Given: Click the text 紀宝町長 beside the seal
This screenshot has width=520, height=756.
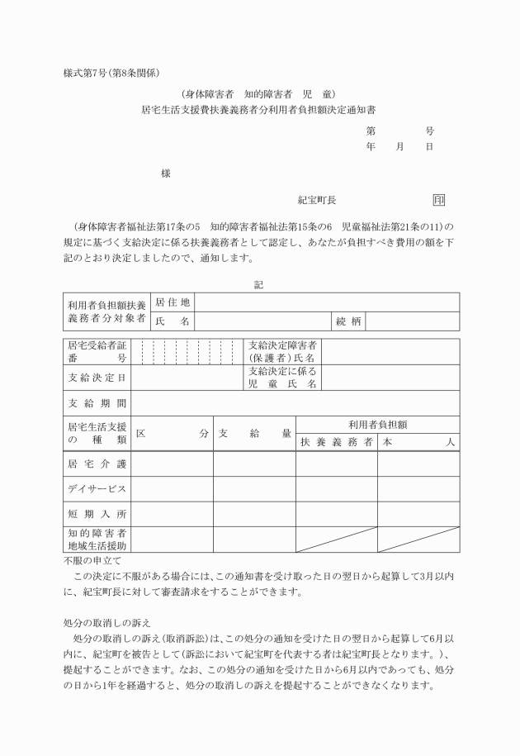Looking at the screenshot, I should [317, 200].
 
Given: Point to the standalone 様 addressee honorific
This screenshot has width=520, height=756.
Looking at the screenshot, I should [166, 174].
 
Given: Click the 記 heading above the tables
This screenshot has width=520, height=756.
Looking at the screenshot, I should [258, 284].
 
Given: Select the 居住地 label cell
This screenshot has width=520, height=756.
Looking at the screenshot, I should [172, 302].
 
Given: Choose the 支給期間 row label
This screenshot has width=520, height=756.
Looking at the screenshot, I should [97, 403].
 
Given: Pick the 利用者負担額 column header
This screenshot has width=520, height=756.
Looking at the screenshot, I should [377, 425].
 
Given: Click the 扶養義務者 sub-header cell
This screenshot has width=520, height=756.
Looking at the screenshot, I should [336, 442].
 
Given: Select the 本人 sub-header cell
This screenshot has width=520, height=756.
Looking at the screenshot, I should [418, 442].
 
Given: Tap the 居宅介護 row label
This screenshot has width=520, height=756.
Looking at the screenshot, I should [97, 464].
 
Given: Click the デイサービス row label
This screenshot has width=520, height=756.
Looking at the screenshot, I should [97, 489].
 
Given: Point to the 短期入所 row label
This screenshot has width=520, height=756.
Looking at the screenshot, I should [97, 514].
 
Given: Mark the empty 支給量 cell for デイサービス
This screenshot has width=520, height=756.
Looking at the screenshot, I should [254, 489].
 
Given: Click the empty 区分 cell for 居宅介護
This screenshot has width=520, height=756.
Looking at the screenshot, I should [172, 464].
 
